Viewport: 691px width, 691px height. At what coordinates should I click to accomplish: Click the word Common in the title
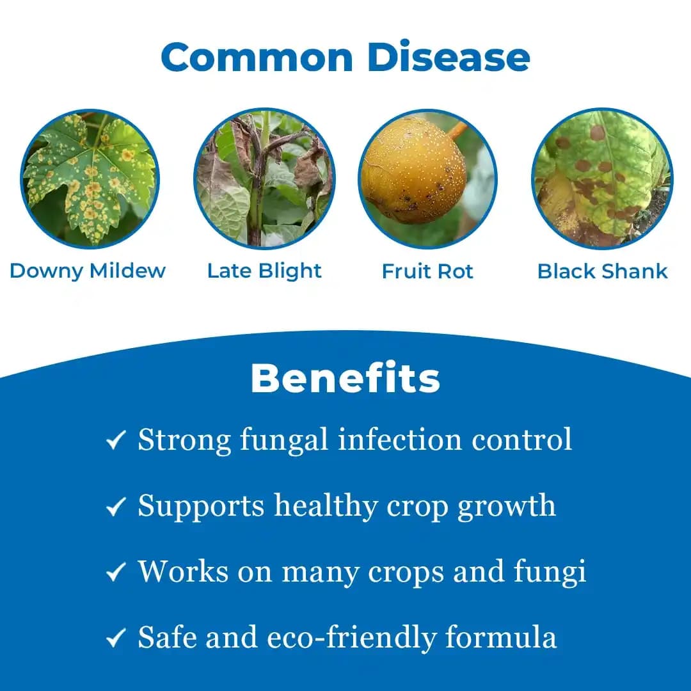pos(257,57)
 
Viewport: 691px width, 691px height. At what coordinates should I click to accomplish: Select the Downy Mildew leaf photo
pos(90,179)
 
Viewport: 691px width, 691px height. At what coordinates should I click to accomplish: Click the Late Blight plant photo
pos(264,179)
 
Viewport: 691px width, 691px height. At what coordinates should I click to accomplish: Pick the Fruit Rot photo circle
pos(427,179)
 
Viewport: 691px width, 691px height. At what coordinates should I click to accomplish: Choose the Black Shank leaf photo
pos(603,179)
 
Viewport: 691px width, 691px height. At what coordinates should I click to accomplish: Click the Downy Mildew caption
pos(88,271)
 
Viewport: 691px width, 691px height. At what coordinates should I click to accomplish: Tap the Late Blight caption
pos(264,271)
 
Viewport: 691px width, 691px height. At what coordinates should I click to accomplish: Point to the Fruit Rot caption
pos(427,271)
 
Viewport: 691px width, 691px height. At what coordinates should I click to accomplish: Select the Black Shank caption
pos(603,271)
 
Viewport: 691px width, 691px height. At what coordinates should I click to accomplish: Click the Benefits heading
pos(345,378)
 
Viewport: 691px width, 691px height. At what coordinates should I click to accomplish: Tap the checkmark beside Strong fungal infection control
pos(116,440)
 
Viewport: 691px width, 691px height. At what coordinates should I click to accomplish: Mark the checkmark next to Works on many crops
pos(116,572)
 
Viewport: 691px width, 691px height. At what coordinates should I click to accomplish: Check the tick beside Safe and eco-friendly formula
pos(116,638)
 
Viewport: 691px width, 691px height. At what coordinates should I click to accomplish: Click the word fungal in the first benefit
pos(284,441)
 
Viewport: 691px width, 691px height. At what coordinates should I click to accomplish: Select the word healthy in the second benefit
pos(326,506)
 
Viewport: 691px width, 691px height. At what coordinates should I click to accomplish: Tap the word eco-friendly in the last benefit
pos(352,638)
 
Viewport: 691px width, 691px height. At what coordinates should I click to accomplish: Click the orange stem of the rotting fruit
pos(457,131)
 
